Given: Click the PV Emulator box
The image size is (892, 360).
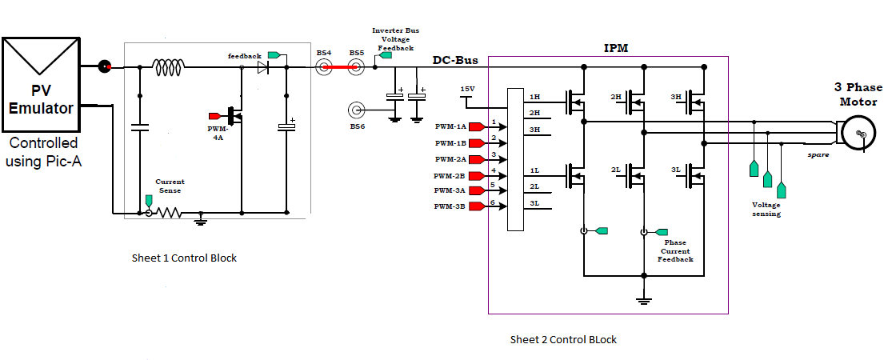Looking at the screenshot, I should [42, 84].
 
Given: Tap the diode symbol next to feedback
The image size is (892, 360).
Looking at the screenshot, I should [262, 68].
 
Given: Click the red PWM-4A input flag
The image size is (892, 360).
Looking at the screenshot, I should [214, 115].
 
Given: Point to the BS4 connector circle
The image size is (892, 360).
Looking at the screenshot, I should [324, 68].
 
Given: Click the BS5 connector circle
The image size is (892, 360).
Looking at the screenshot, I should [357, 68].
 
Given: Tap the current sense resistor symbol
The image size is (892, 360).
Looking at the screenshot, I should [170, 214].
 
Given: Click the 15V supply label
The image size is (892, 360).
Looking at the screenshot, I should [467, 88].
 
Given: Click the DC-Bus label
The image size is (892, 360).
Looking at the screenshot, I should [455, 60].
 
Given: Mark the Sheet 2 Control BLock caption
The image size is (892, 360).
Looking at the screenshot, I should [563, 339].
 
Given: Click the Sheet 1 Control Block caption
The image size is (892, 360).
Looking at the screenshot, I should [184, 258].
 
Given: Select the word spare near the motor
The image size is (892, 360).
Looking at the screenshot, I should [818, 154].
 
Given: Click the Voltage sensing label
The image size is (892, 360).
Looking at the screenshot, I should [766, 210].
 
